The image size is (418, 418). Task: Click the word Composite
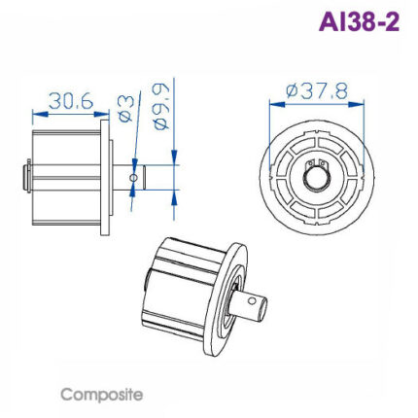click(x=101, y=395)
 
